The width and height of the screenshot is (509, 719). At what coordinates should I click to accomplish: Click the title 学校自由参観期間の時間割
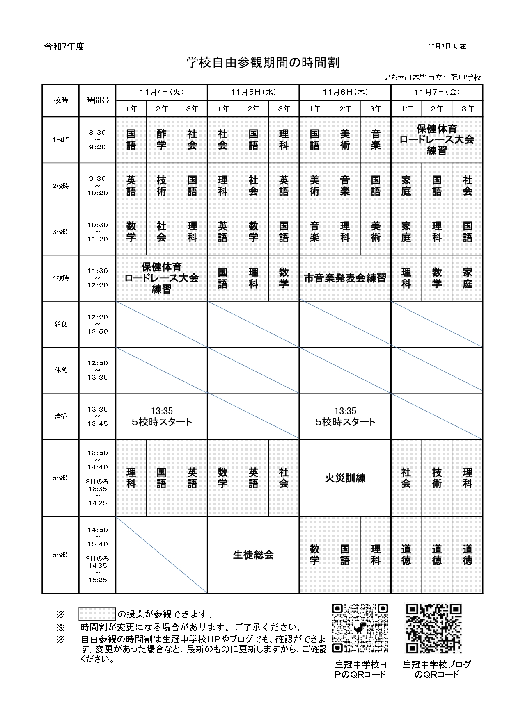(x=263, y=63)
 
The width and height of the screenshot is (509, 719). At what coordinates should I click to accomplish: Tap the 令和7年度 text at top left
(x=64, y=47)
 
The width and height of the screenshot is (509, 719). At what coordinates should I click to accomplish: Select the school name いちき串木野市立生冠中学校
(x=433, y=77)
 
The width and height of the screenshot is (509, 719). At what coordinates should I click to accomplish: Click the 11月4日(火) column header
(x=161, y=92)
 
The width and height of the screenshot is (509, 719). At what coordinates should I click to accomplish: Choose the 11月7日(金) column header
(x=437, y=92)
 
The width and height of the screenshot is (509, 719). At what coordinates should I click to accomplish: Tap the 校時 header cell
(x=61, y=100)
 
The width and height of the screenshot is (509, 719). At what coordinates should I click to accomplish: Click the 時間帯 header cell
(x=97, y=100)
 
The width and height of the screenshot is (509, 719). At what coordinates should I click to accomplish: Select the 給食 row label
(x=61, y=324)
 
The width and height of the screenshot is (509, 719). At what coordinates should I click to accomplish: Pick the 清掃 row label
(x=61, y=416)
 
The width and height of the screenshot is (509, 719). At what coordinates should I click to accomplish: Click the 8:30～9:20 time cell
(x=97, y=140)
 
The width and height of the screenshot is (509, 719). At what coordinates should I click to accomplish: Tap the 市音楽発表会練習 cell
(x=345, y=278)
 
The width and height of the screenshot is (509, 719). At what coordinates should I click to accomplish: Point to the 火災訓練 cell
(x=345, y=478)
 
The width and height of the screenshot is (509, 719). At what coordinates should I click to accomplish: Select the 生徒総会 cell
(x=253, y=555)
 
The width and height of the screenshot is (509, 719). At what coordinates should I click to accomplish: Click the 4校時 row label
(x=61, y=278)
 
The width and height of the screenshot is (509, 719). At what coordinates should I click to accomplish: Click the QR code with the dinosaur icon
(x=360, y=628)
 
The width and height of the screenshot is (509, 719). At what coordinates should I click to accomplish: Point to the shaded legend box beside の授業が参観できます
(x=97, y=614)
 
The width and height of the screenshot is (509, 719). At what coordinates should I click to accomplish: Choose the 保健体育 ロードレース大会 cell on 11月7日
(x=437, y=140)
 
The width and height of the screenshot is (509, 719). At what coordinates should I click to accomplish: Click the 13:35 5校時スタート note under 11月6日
(x=345, y=416)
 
